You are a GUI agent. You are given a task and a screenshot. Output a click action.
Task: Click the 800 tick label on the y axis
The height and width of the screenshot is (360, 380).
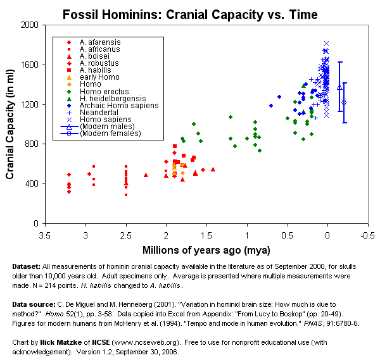point(30,144)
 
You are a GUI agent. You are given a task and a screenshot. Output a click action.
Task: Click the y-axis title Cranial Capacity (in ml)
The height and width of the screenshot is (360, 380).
point(11,124)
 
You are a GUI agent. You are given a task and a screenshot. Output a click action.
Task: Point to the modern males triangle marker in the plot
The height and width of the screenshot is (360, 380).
point(340,87)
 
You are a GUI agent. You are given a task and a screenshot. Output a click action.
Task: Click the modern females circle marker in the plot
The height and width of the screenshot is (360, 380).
point(344,102)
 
